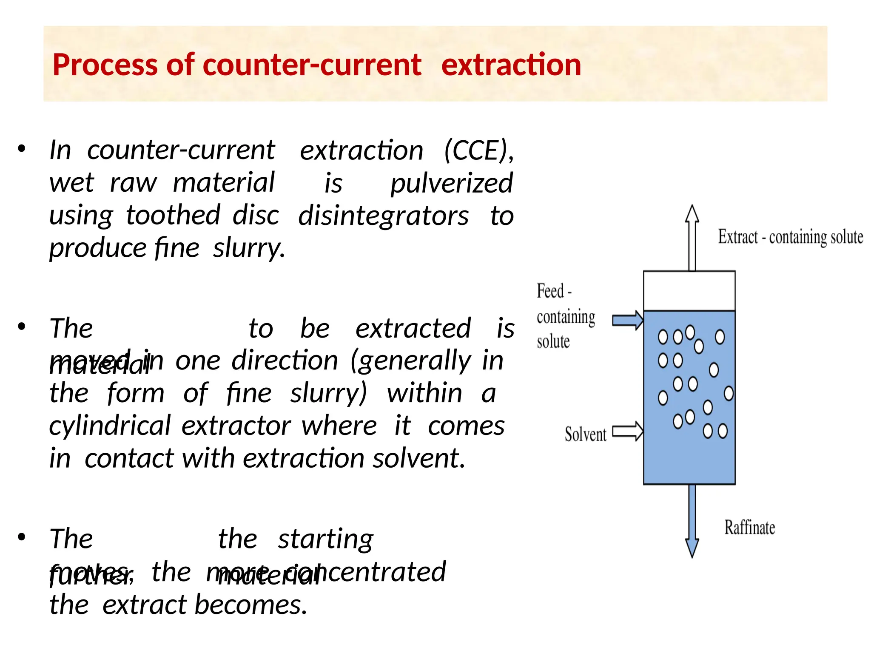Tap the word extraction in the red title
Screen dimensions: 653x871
[x=511, y=65]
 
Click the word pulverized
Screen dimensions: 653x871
[x=452, y=184]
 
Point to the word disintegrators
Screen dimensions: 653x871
[x=383, y=216]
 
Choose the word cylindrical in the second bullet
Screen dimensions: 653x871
[x=110, y=426]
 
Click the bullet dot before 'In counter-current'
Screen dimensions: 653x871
[x=22, y=149]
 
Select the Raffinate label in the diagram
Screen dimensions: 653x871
[x=749, y=528]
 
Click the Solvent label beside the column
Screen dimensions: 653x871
[x=585, y=434]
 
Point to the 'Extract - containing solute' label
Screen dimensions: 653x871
[x=790, y=237]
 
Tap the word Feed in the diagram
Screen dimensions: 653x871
[x=550, y=291]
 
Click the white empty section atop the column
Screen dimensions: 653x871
[x=689, y=291]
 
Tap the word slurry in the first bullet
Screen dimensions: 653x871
[x=248, y=248]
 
